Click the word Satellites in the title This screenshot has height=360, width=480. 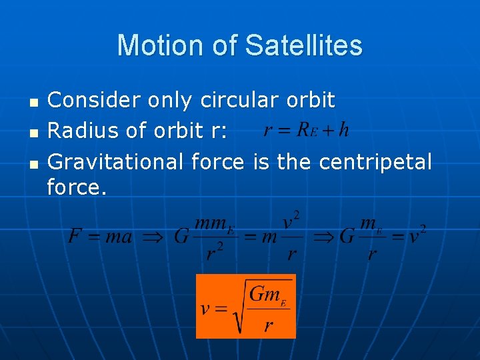pos(303,45)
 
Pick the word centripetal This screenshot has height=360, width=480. pos(375,161)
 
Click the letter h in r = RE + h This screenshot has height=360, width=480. pos(343,129)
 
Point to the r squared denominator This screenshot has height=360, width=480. pos(213,254)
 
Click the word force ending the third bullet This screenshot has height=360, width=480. pos(76,188)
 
